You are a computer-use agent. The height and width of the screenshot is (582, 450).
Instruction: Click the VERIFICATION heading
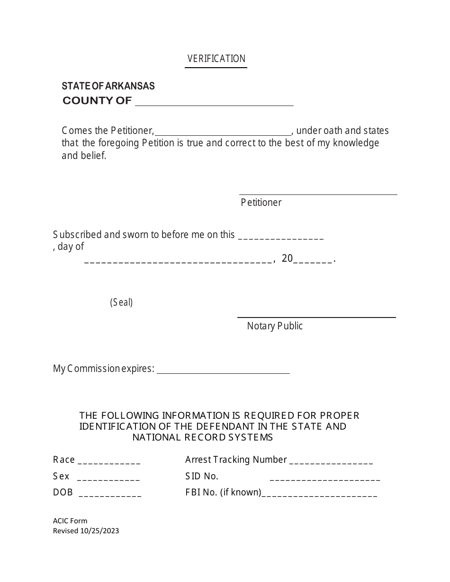(x=216, y=59)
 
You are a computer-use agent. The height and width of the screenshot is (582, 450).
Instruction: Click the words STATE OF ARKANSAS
(x=108, y=86)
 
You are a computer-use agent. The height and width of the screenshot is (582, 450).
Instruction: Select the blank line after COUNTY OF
(x=214, y=101)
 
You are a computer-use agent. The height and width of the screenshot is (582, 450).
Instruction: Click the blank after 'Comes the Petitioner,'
(x=223, y=132)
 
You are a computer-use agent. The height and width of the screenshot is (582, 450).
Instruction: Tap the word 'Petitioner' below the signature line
(x=261, y=203)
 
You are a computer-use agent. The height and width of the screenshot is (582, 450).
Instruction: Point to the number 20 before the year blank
(x=287, y=258)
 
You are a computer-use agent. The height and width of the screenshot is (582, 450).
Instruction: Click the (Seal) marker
(x=121, y=302)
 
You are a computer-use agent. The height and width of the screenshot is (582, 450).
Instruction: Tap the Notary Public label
(x=275, y=326)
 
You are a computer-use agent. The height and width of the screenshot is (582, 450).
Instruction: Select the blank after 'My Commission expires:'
(x=223, y=369)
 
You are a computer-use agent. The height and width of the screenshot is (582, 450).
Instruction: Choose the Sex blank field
(x=108, y=477)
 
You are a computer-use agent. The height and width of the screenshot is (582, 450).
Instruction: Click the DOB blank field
(x=110, y=493)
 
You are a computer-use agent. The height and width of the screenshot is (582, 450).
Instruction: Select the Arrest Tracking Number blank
(x=331, y=460)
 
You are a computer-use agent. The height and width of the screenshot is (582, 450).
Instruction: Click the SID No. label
(x=202, y=476)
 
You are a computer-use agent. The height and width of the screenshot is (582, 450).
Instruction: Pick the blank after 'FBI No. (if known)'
(x=319, y=493)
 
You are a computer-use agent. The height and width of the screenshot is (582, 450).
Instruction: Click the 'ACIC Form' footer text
(x=70, y=521)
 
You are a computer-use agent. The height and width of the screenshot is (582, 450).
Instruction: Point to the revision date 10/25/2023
(x=99, y=531)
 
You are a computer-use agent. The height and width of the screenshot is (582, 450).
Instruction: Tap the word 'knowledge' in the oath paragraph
(x=356, y=143)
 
